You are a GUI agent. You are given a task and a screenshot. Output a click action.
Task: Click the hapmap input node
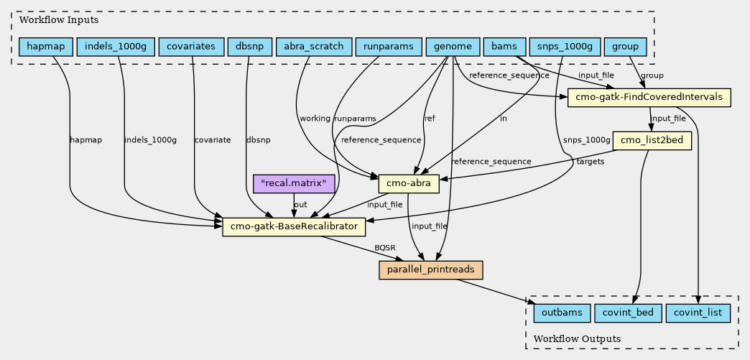(45, 47)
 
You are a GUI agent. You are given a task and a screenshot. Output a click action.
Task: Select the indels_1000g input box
(115, 47)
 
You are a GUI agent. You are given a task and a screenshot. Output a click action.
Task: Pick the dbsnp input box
(249, 47)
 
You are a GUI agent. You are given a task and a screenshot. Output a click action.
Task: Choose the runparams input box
(388, 47)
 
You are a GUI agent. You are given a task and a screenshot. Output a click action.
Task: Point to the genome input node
(453, 47)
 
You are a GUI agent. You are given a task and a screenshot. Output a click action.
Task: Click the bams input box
(504, 47)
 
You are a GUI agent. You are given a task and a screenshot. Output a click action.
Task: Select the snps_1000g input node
(564, 47)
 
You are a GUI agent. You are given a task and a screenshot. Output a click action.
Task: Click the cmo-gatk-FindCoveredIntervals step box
(649, 98)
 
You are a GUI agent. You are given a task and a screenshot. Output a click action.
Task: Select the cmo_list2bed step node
(652, 140)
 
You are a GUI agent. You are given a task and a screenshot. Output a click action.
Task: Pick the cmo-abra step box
(408, 184)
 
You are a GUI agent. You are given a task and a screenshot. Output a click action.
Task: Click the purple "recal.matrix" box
(295, 184)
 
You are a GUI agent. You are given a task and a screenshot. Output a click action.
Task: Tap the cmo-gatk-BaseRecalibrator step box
(295, 227)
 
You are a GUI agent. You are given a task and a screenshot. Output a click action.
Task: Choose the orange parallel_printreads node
(430, 269)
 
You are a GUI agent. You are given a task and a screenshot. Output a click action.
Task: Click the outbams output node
(562, 313)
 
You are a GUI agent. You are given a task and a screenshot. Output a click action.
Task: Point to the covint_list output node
(699, 313)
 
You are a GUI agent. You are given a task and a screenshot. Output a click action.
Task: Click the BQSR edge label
(384, 249)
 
